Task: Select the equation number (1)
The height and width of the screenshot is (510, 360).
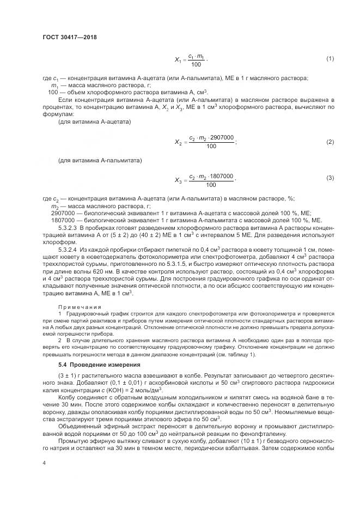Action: [x=330, y=58]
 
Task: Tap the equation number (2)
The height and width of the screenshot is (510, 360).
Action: [x=330, y=142]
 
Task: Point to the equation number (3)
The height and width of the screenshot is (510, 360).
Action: [x=330, y=178]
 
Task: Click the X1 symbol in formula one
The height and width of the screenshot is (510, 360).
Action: [x=178, y=59]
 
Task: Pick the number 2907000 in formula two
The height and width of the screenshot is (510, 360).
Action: [x=222, y=138]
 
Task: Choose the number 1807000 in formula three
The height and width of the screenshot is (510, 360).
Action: [x=222, y=175]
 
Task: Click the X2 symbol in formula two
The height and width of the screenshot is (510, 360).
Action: [x=179, y=143]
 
